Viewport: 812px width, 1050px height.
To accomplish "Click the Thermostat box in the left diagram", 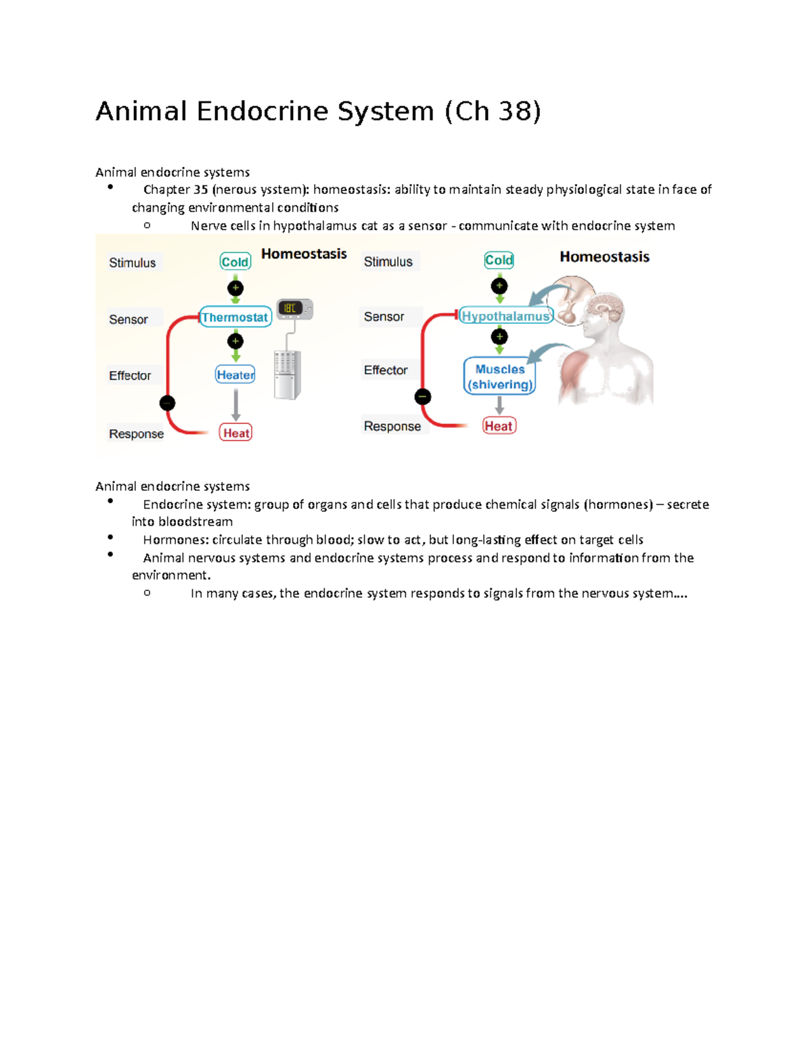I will [235, 317].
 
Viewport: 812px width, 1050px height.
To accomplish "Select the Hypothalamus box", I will [505, 316].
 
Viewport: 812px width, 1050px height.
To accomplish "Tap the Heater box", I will [235, 375].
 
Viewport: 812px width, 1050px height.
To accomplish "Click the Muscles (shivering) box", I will [499, 377].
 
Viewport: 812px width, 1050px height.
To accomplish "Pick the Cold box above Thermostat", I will [235, 262].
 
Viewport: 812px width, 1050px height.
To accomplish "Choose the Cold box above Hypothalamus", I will [499, 260].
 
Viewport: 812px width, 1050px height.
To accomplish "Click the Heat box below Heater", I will [235, 433].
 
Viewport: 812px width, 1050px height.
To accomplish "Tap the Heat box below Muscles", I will [499, 426].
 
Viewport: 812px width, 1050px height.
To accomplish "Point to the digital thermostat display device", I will [294, 308].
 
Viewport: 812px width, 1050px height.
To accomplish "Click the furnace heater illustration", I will [288, 375].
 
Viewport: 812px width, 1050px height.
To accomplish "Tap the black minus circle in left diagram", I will [168, 404].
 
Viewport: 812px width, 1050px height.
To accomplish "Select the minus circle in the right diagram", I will [423, 397].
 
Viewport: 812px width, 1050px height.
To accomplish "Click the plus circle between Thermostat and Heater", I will [235, 341].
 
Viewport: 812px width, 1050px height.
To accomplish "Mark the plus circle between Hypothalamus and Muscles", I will [499, 337].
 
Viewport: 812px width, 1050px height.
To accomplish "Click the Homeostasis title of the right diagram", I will [604, 257].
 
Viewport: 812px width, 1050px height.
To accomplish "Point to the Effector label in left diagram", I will [130, 375].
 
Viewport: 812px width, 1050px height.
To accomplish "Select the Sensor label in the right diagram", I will [384, 316].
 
